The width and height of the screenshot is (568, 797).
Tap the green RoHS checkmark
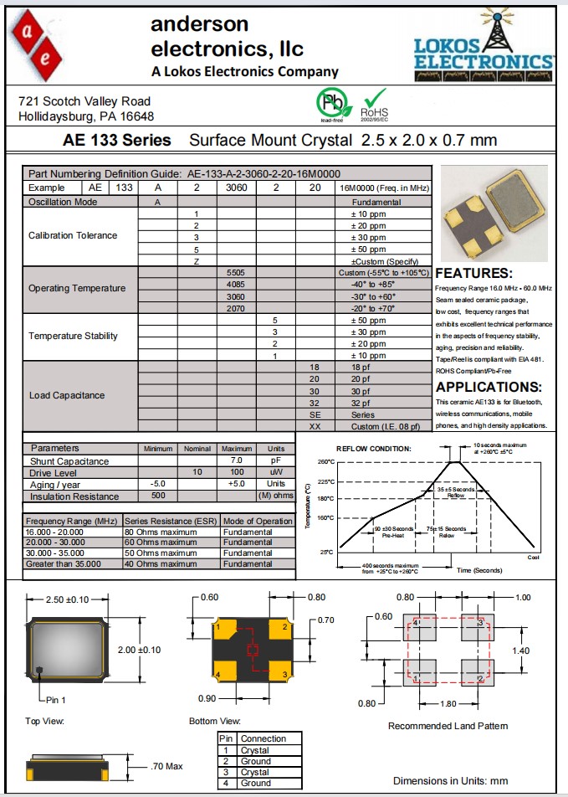[374, 99]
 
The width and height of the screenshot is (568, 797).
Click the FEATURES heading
[473, 274]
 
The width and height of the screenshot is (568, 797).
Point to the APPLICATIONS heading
[489, 387]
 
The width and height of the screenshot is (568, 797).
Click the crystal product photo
[494, 211]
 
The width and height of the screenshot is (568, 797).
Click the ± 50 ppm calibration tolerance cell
[368, 249]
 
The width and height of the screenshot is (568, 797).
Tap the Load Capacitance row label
[67, 395]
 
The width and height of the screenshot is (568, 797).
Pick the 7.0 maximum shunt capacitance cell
[237, 461]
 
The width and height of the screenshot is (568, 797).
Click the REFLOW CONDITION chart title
[374, 449]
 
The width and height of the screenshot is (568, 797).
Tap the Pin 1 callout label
[56, 699]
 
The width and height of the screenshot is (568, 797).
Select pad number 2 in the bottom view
[284, 627]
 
